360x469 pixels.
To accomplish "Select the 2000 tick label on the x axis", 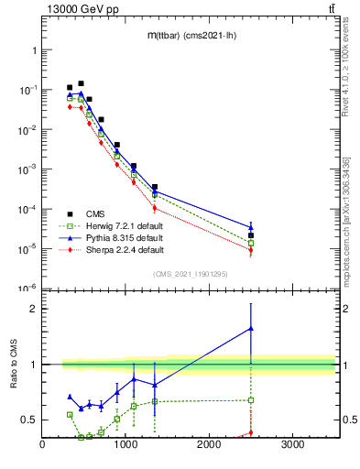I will [x=209, y=446].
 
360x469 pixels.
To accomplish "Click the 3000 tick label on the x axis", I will [x=292, y=446].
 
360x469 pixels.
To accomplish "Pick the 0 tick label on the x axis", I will [x=42, y=446].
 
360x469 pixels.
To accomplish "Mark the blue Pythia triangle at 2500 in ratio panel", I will [x=251, y=328].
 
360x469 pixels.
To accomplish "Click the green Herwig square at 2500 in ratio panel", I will [x=251, y=400].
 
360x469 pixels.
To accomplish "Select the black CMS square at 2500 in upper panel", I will [x=251, y=235].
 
